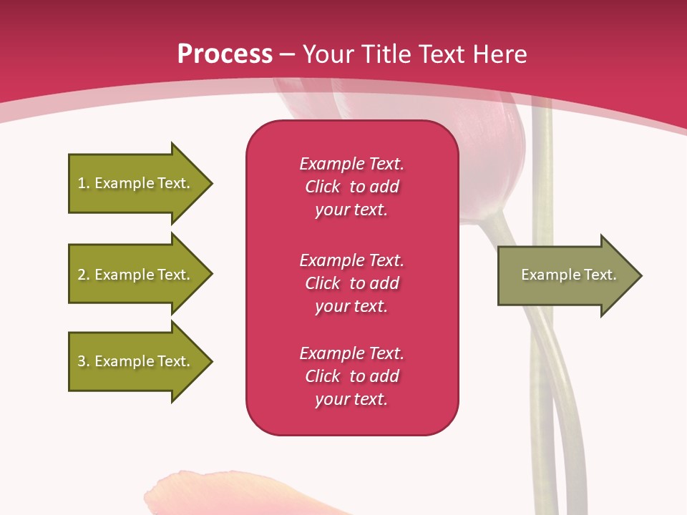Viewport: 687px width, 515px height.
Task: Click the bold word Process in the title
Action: pyautogui.click(x=225, y=54)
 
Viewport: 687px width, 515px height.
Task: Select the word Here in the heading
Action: pyautogui.click(x=500, y=54)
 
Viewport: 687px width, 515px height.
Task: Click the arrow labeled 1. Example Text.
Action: pyautogui.click(x=134, y=183)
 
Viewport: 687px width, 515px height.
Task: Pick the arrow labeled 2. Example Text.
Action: pyautogui.click(x=134, y=275)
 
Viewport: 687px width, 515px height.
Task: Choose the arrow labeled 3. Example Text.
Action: pyautogui.click(x=134, y=361)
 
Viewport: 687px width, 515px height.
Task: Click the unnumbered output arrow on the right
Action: pyautogui.click(x=565, y=275)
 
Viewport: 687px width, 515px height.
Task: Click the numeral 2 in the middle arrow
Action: pyautogui.click(x=82, y=275)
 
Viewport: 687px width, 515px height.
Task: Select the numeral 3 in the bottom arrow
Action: pyautogui.click(x=82, y=361)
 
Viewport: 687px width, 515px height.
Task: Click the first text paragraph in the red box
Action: pyautogui.click(x=351, y=187)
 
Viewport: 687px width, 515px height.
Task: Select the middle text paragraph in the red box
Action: pyautogui.click(x=351, y=283)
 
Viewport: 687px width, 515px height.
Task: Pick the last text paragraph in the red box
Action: pyautogui.click(x=351, y=376)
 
